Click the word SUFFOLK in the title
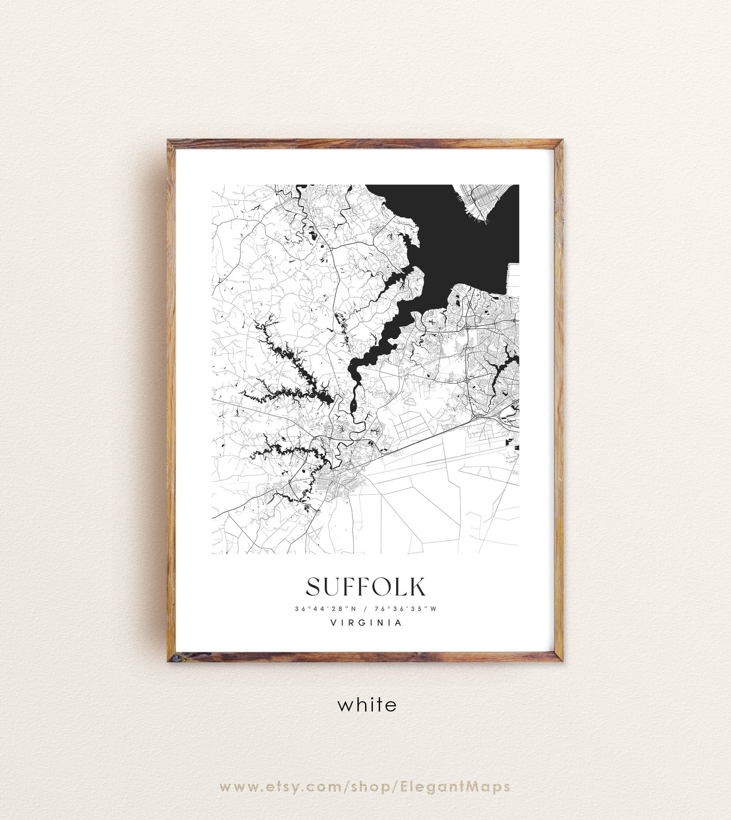[x=365, y=587]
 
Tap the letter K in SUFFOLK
[x=417, y=587]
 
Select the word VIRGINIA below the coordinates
[x=365, y=623]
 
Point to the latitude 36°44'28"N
[x=326, y=609]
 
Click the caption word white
[x=367, y=705]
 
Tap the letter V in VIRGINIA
[x=333, y=623]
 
